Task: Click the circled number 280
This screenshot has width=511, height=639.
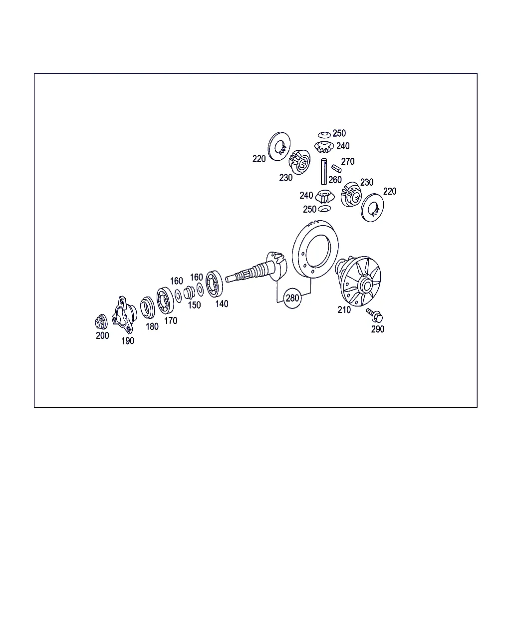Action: point(292,298)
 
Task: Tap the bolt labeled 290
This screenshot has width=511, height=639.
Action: point(374,315)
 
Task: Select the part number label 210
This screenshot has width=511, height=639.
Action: point(344,310)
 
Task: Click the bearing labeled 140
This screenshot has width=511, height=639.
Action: point(214,284)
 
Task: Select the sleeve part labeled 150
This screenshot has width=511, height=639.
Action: point(189,293)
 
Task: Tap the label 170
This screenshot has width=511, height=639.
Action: point(171,320)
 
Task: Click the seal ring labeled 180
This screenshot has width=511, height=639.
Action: point(148,308)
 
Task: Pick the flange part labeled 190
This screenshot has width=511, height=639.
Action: point(124,315)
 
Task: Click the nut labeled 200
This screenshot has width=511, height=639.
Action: point(101,322)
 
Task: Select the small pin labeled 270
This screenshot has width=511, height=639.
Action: point(336,169)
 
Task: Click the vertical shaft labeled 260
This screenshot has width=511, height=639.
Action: point(324,172)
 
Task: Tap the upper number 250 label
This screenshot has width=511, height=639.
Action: point(339,133)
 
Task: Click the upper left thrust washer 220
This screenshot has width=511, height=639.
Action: point(279,146)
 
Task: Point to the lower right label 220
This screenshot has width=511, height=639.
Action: point(390,191)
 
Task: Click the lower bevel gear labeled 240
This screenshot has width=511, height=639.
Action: point(324,196)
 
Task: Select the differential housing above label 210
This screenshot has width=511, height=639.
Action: point(358,281)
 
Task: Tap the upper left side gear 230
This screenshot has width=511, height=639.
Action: point(299,162)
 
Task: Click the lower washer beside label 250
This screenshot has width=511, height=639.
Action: point(324,209)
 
